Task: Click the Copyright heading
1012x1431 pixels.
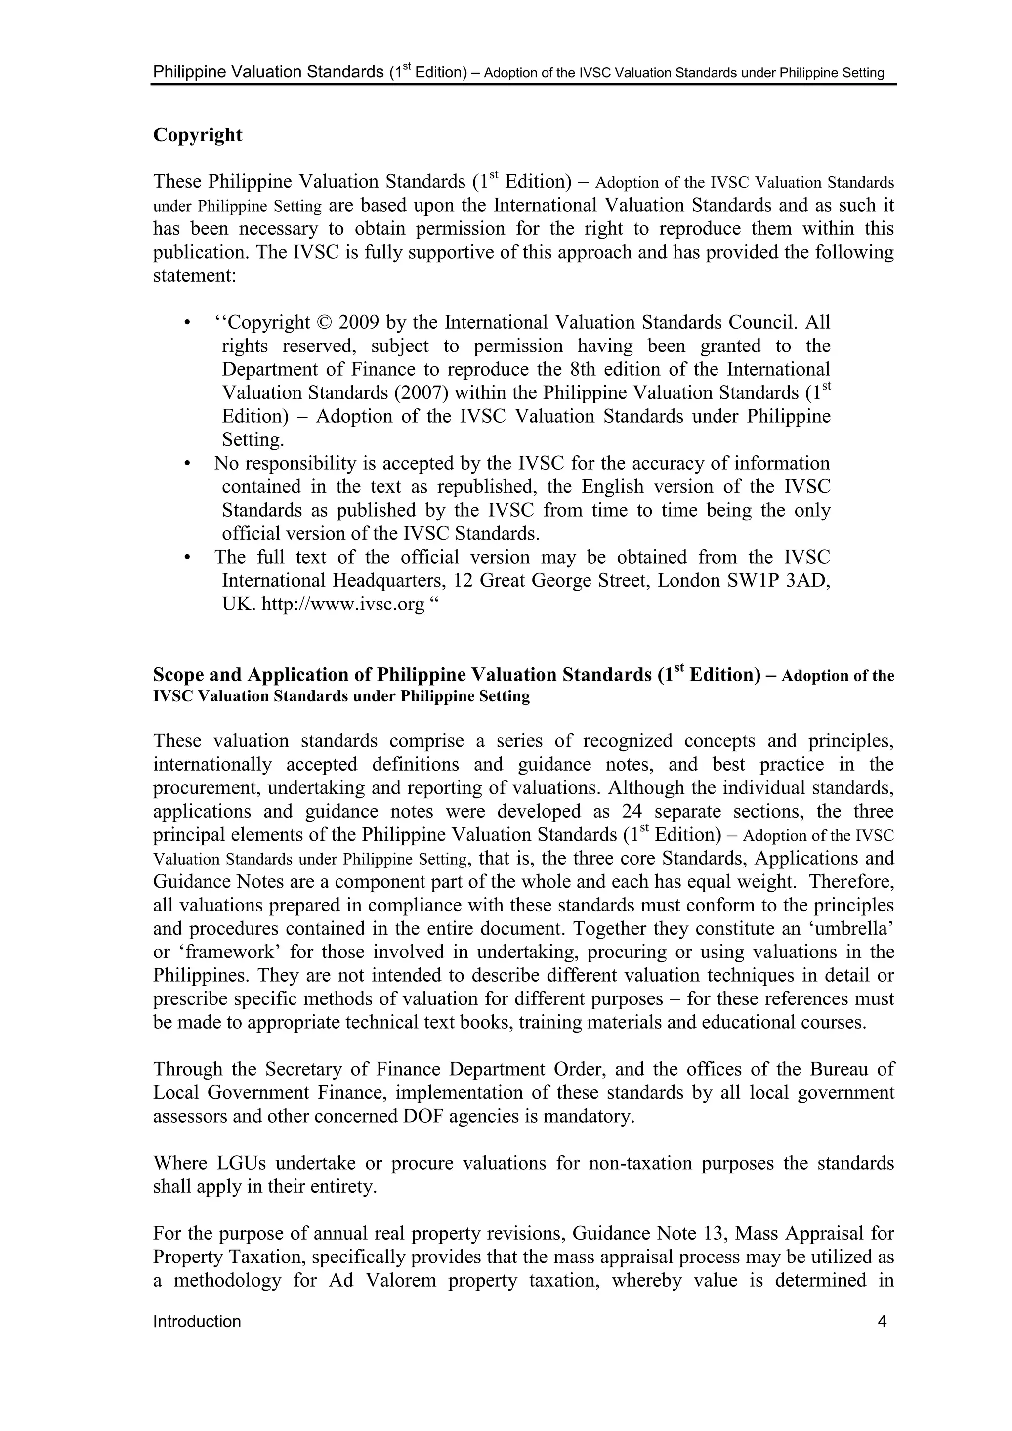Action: click(x=198, y=135)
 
